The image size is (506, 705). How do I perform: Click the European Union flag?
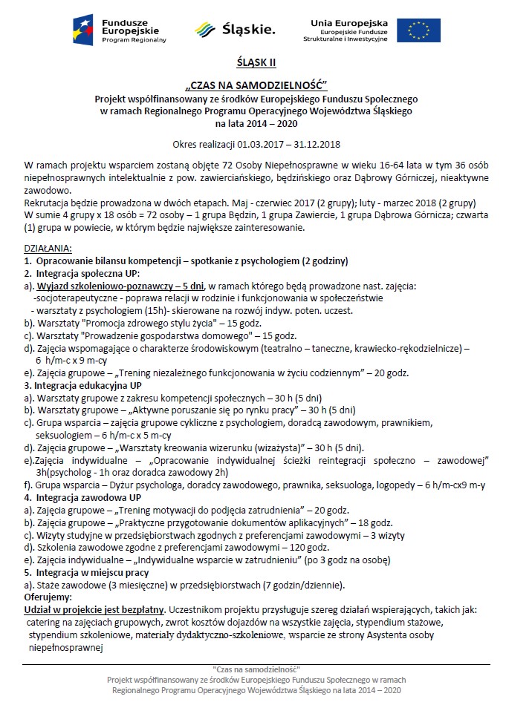tap(418, 30)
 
